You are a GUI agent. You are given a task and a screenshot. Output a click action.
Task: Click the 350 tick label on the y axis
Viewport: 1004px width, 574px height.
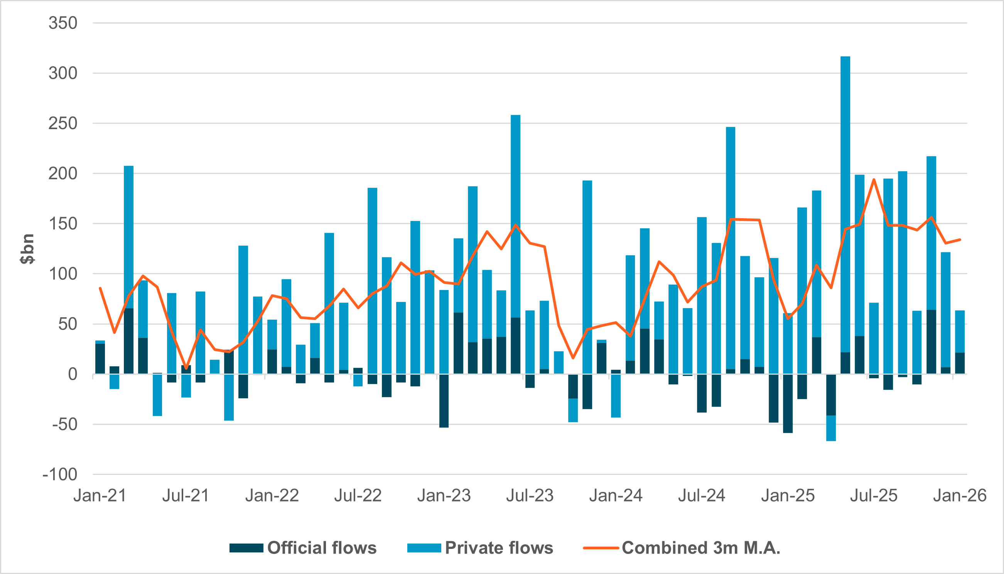click(63, 23)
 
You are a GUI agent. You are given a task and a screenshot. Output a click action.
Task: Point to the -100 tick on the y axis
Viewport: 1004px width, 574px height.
click(60, 475)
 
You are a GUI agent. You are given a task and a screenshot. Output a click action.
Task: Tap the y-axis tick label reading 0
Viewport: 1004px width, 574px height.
click(73, 374)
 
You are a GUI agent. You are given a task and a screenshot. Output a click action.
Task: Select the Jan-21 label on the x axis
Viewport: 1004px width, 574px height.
click(100, 495)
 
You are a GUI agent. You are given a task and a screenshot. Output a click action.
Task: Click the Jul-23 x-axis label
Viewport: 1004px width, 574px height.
click(530, 495)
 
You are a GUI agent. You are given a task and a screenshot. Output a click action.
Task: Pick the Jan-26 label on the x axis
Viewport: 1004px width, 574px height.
click(959, 495)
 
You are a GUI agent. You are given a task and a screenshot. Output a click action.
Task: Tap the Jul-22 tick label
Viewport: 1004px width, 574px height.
click(358, 495)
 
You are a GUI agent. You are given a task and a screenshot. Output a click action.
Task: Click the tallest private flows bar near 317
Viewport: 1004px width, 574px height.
click(845, 197)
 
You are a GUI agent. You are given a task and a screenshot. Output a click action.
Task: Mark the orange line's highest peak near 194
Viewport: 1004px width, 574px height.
click(874, 179)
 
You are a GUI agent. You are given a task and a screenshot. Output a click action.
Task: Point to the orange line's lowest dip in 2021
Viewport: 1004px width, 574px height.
click(186, 368)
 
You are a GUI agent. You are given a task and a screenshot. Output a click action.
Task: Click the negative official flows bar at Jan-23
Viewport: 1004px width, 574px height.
click(444, 401)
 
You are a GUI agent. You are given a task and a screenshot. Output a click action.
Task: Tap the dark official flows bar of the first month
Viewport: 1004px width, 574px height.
click(100, 359)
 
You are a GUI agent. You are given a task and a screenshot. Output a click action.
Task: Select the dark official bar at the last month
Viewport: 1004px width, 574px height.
click(960, 363)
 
